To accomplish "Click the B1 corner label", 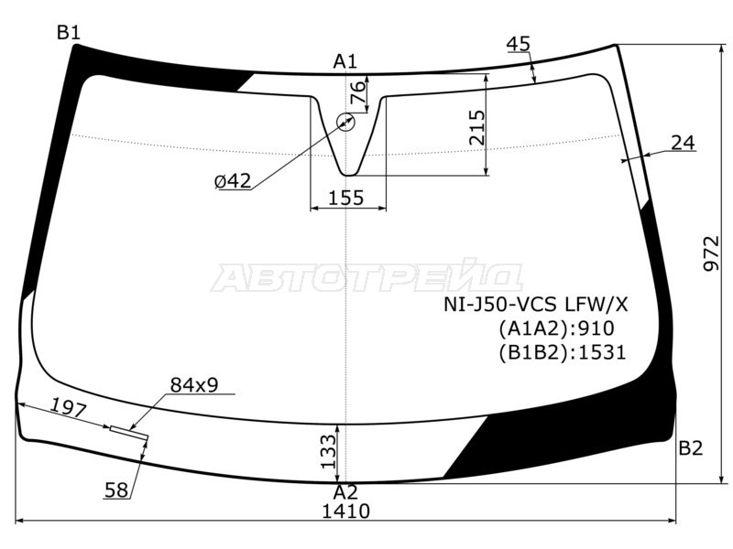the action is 69,33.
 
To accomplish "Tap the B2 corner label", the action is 691,448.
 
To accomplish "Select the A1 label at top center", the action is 345,61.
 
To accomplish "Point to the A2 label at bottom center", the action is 345,492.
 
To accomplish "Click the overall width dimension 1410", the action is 346,511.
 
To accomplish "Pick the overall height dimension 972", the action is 712,253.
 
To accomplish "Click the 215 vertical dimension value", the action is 476,127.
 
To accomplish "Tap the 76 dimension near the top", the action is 357,87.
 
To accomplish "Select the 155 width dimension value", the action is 346,198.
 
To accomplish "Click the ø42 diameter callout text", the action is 233,180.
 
